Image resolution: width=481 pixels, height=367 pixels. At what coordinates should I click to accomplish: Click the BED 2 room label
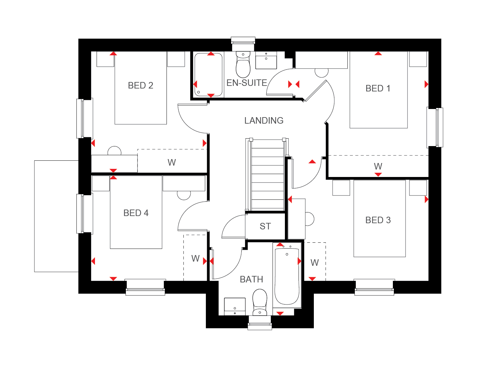pos(140,86)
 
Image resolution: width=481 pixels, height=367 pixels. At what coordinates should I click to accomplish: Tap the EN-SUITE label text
pos(247,83)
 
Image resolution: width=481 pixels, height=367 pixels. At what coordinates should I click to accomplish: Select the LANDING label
pos(264,121)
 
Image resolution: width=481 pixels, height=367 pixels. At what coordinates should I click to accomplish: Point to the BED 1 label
pos(378,88)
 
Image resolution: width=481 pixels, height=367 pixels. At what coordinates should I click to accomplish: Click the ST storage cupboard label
pos(265,226)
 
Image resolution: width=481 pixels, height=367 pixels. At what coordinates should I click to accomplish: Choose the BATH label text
pos(251,279)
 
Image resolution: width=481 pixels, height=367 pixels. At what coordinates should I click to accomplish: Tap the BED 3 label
pos(378,220)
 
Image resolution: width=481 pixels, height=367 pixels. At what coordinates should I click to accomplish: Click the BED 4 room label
pos(136,213)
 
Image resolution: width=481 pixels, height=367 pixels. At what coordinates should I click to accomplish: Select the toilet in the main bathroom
pos(260,303)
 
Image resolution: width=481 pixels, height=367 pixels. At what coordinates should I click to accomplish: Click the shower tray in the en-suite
pos(208,75)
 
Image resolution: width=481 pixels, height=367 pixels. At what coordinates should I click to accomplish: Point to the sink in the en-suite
pos(266,60)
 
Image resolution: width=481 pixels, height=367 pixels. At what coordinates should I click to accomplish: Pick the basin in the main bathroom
pos(235,306)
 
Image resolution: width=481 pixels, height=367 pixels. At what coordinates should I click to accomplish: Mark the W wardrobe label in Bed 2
pos(172,162)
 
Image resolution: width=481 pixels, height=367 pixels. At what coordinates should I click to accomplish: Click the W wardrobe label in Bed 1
pos(378,166)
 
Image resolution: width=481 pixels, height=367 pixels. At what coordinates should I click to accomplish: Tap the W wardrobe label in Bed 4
pos(195,258)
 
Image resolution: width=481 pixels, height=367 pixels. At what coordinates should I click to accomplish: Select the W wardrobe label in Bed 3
pos(314,263)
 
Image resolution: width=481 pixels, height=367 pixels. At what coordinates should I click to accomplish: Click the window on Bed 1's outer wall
pos(435,127)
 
